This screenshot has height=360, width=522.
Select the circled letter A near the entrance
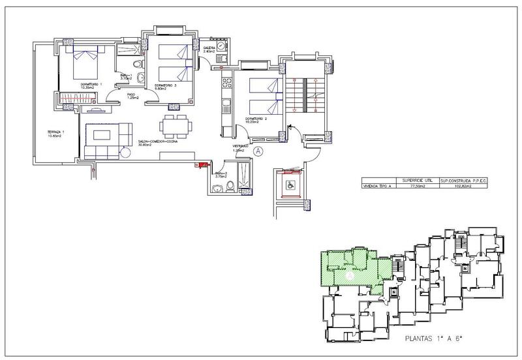tap(258, 151)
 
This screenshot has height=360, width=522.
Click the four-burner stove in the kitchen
tap(228, 83)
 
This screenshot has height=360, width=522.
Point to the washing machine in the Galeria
tap(222, 48)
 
